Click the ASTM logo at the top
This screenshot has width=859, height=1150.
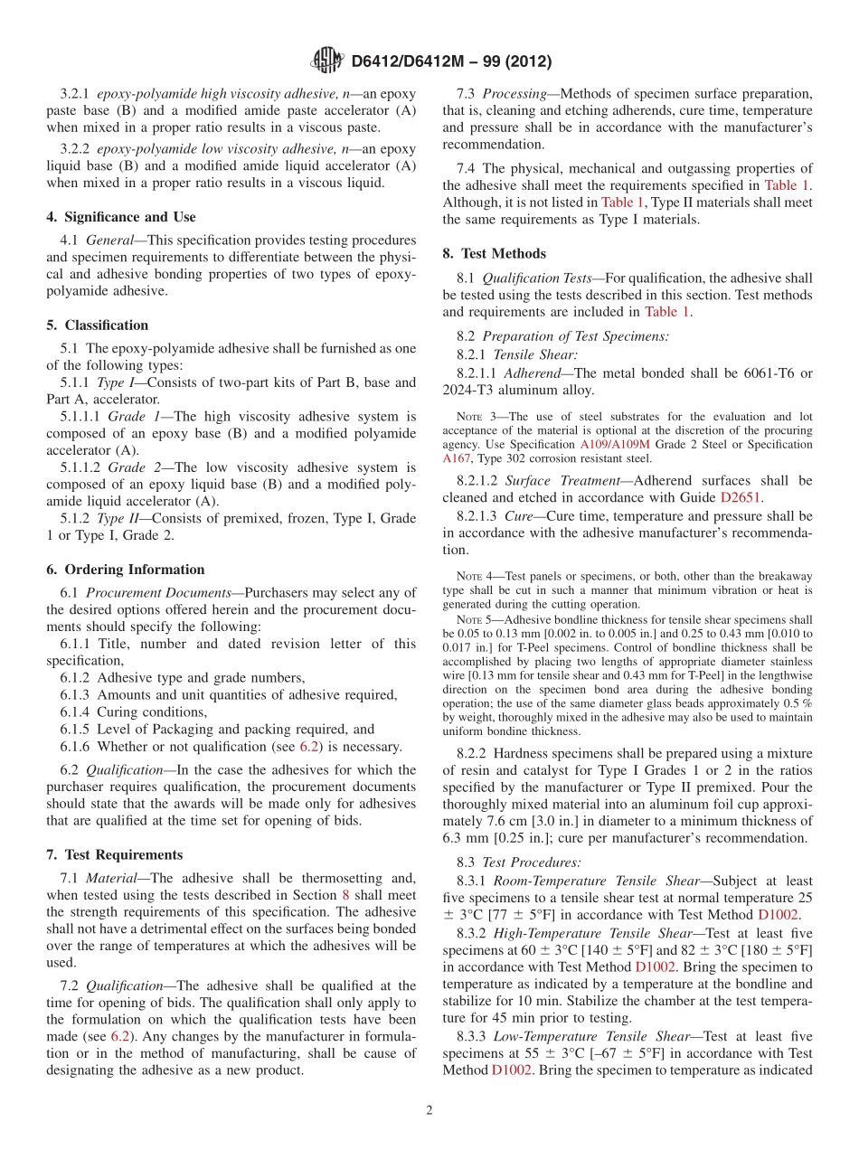coord(326,61)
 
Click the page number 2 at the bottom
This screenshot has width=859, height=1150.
coord(429,1110)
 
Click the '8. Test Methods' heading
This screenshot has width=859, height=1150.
coord(495,253)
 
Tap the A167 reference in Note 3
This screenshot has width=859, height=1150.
coord(457,458)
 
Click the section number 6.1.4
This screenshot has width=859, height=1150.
coord(77,712)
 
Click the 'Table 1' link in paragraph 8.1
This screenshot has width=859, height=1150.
coord(666,312)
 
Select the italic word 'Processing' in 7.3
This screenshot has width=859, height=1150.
coord(514,94)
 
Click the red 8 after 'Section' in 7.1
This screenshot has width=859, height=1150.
coord(343,895)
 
